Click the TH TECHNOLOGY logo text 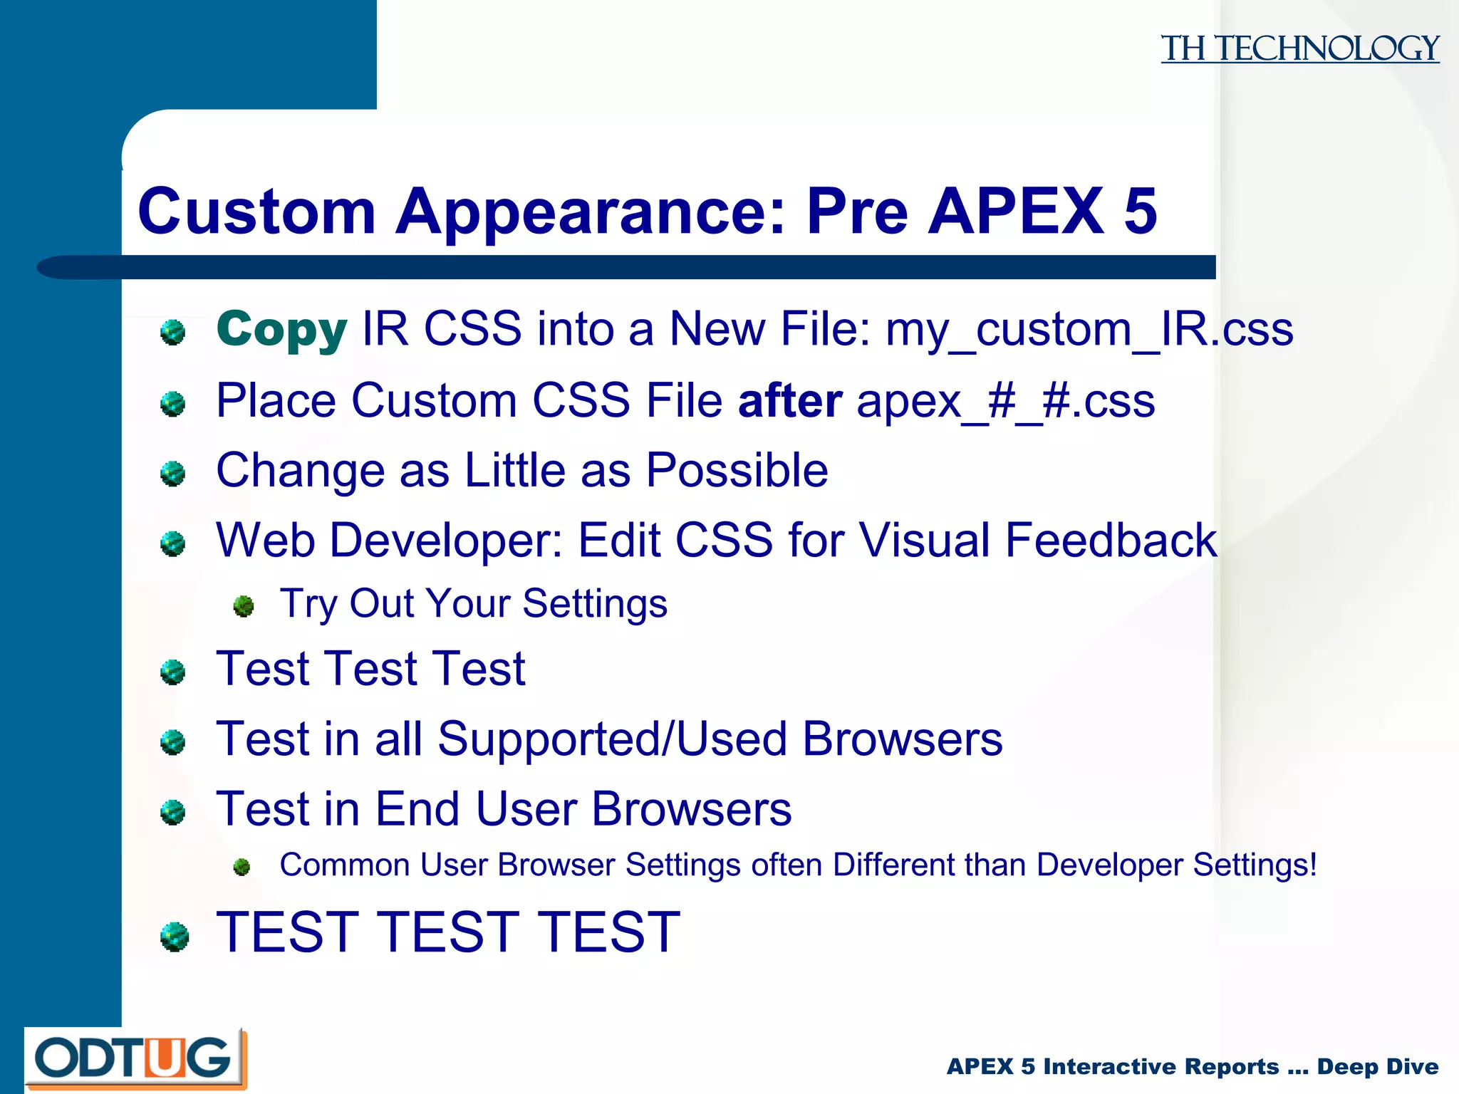(x=1299, y=48)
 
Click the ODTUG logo (x=135, y=1058)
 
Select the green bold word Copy (x=281, y=329)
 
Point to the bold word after (x=790, y=400)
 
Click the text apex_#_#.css (x=1005, y=402)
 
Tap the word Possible (x=737, y=470)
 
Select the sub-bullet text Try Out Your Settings (x=473, y=604)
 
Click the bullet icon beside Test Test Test (x=172, y=672)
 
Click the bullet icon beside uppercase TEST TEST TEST (x=174, y=937)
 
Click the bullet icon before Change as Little (x=172, y=473)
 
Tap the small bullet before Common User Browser (x=242, y=867)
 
